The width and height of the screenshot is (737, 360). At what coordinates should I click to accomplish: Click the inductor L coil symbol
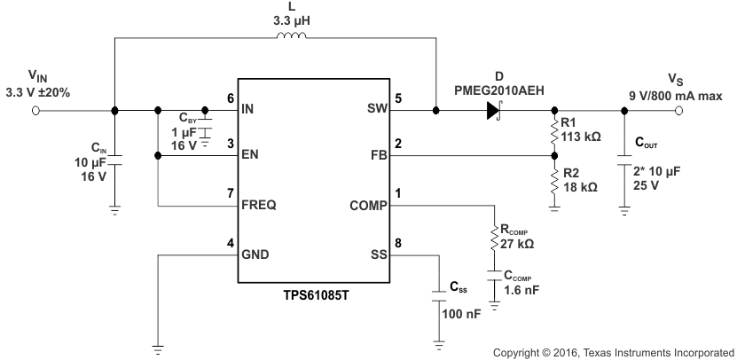[293, 38]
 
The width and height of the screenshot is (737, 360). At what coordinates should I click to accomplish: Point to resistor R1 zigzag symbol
[553, 133]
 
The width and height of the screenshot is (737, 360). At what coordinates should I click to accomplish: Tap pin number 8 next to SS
[397, 243]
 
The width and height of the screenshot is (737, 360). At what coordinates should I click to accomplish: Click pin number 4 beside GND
[231, 243]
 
